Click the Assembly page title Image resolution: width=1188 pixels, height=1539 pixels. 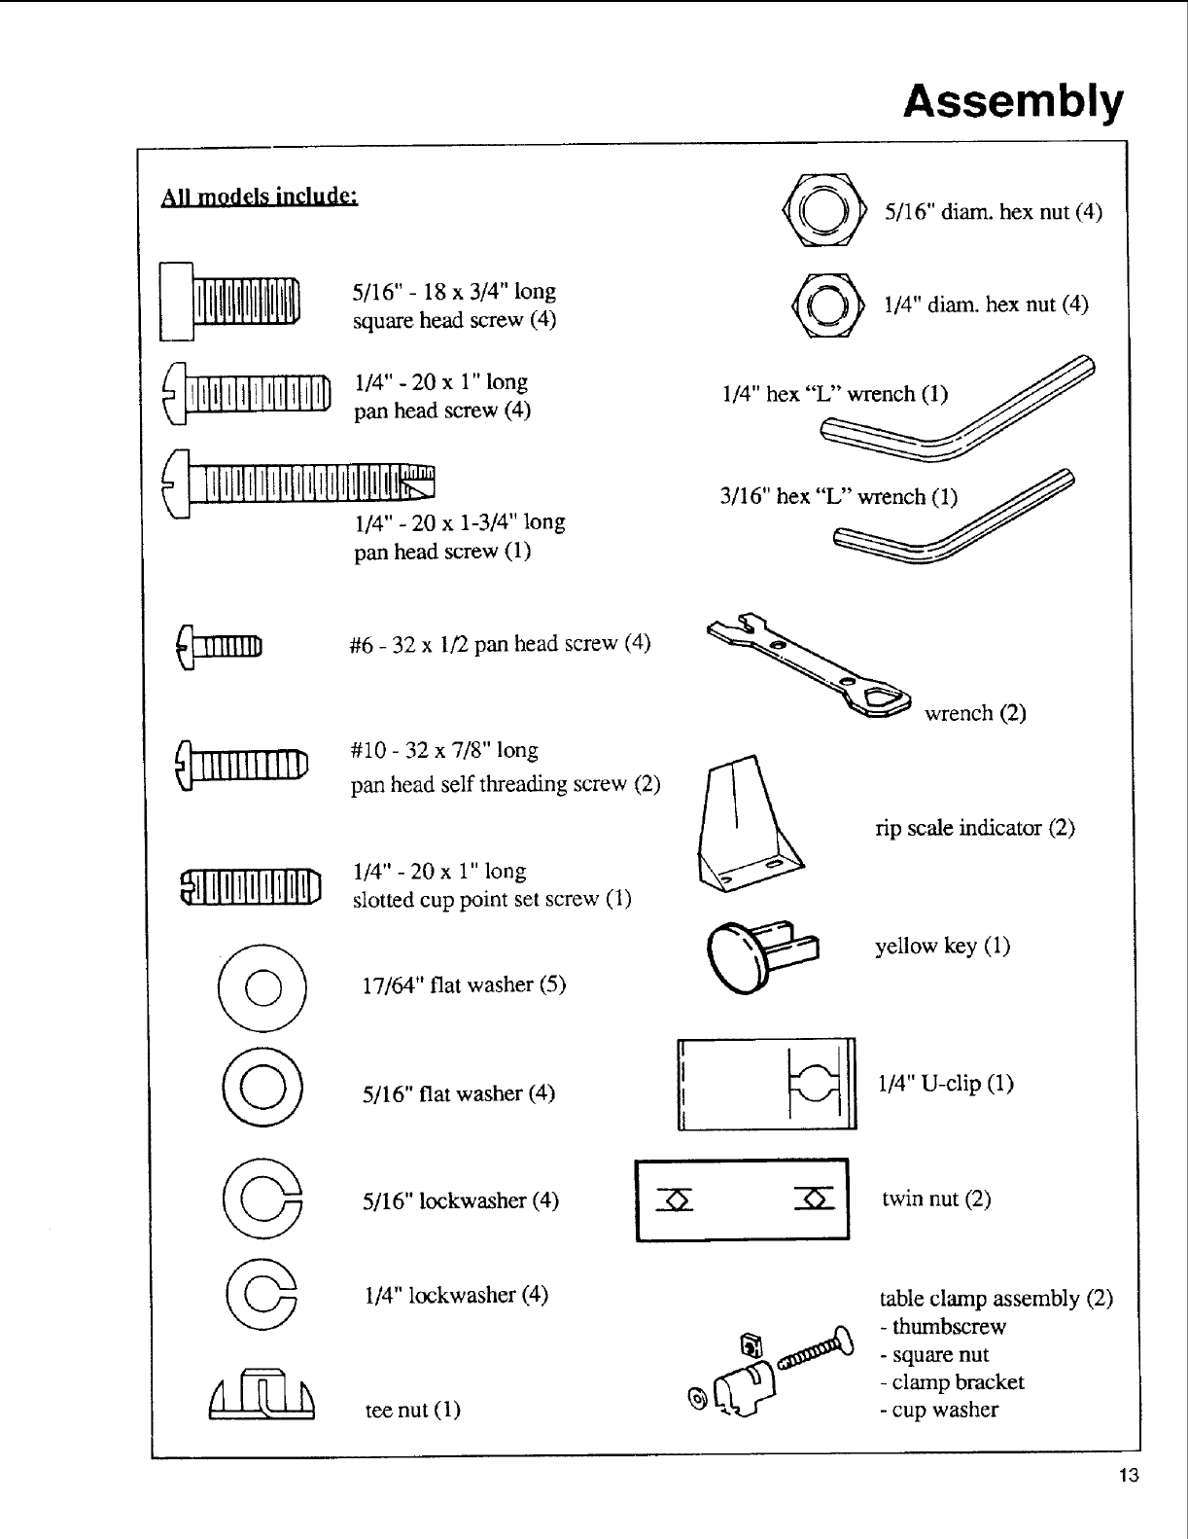tap(1012, 101)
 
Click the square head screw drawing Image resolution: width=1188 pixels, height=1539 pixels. tap(231, 302)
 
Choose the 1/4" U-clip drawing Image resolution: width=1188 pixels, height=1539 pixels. tap(766, 1084)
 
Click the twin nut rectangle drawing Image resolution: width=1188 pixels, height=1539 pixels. tap(742, 1199)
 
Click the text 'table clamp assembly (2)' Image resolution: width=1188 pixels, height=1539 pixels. tap(996, 1299)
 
